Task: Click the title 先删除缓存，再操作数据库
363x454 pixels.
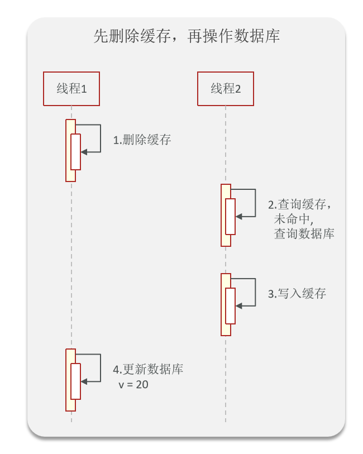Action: tap(186, 37)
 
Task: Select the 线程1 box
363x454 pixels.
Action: tap(71, 89)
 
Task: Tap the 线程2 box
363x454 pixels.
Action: tap(226, 89)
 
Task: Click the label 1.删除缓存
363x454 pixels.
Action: tap(142, 140)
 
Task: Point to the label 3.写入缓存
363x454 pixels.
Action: tap(297, 294)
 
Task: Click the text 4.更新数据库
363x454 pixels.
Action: tap(148, 370)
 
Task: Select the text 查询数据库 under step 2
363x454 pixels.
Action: tap(304, 234)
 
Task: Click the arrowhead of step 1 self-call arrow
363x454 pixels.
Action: tap(84, 151)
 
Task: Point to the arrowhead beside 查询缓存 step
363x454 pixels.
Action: tap(238, 216)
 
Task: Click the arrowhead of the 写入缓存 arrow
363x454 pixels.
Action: tap(238, 305)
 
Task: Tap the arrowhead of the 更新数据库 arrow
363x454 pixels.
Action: tap(84, 381)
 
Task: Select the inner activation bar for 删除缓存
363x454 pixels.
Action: tap(75, 152)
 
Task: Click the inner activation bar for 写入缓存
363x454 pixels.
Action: tap(230, 305)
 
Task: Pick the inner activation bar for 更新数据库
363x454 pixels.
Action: tap(75, 381)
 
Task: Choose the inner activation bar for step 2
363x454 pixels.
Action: tap(230, 216)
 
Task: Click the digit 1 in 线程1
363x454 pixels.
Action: tap(84, 89)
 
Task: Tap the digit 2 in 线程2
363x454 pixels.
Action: tap(238, 89)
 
